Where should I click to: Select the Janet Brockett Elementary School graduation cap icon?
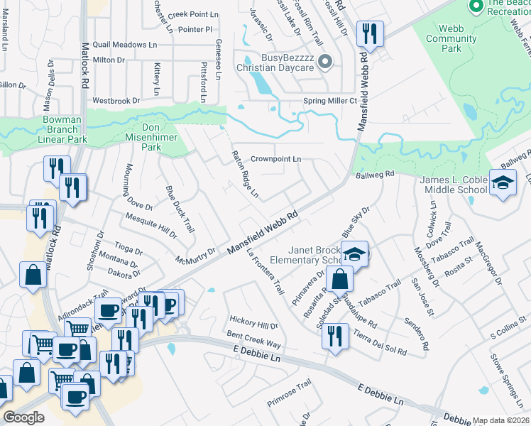(x=354, y=253)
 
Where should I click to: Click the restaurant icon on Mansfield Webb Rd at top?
(x=370, y=33)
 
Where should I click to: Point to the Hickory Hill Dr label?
(x=253, y=324)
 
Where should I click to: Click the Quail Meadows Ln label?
(x=125, y=44)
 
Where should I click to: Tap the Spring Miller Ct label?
(x=329, y=101)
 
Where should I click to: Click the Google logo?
(x=24, y=417)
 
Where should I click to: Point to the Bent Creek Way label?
(x=254, y=339)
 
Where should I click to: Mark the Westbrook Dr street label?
(x=116, y=101)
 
